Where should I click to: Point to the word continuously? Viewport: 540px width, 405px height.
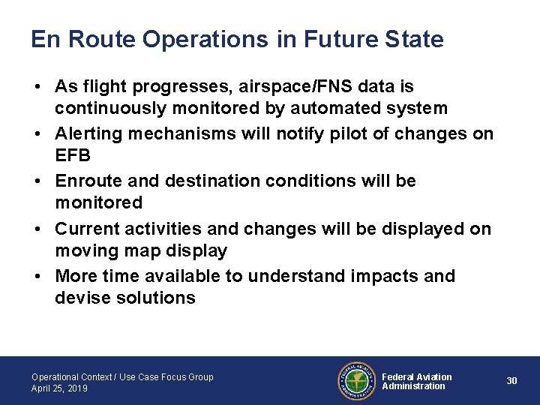(x=109, y=109)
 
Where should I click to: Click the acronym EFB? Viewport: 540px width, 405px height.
(x=72, y=155)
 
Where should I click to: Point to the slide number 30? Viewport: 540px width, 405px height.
(x=511, y=381)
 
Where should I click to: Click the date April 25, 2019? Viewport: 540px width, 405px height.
(x=59, y=388)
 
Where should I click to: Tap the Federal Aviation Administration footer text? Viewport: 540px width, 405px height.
(x=416, y=382)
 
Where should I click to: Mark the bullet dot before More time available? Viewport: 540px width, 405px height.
(x=37, y=276)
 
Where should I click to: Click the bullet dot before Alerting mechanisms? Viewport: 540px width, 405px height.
(x=37, y=134)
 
